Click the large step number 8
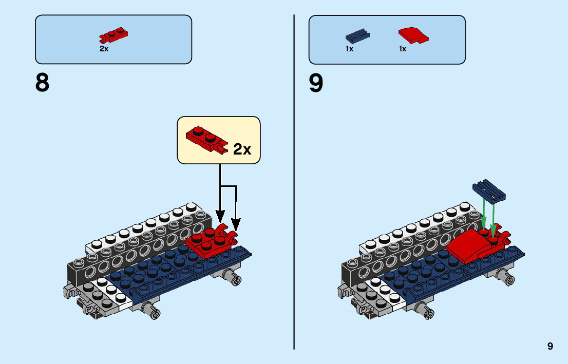[x=43, y=83]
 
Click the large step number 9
[x=316, y=83]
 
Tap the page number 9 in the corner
[x=550, y=346]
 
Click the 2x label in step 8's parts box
[x=104, y=49]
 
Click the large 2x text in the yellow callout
[x=242, y=149]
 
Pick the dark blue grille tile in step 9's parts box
[x=357, y=36]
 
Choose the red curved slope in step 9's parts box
[x=414, y=35]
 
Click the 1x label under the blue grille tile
[x=350, y=49]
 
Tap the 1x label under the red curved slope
[x=403, y=49]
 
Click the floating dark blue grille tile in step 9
[x=489, y=190]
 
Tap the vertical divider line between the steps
[x=294, y=182]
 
